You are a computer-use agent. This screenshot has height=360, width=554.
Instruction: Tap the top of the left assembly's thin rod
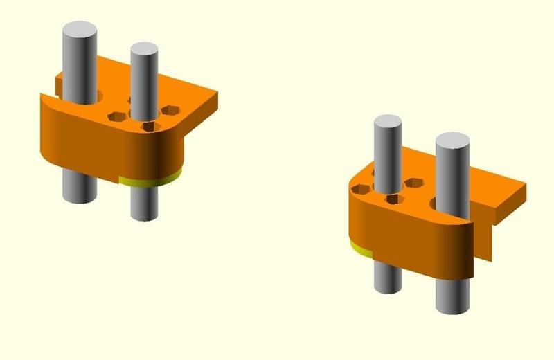(x=143, y=51)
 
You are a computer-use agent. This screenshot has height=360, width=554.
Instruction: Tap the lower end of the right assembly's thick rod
(x=453, y=305)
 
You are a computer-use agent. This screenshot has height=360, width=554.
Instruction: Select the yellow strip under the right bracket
(x=359, y=248)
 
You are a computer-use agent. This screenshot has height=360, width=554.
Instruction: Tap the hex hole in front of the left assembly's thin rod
(x=148, y=126)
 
